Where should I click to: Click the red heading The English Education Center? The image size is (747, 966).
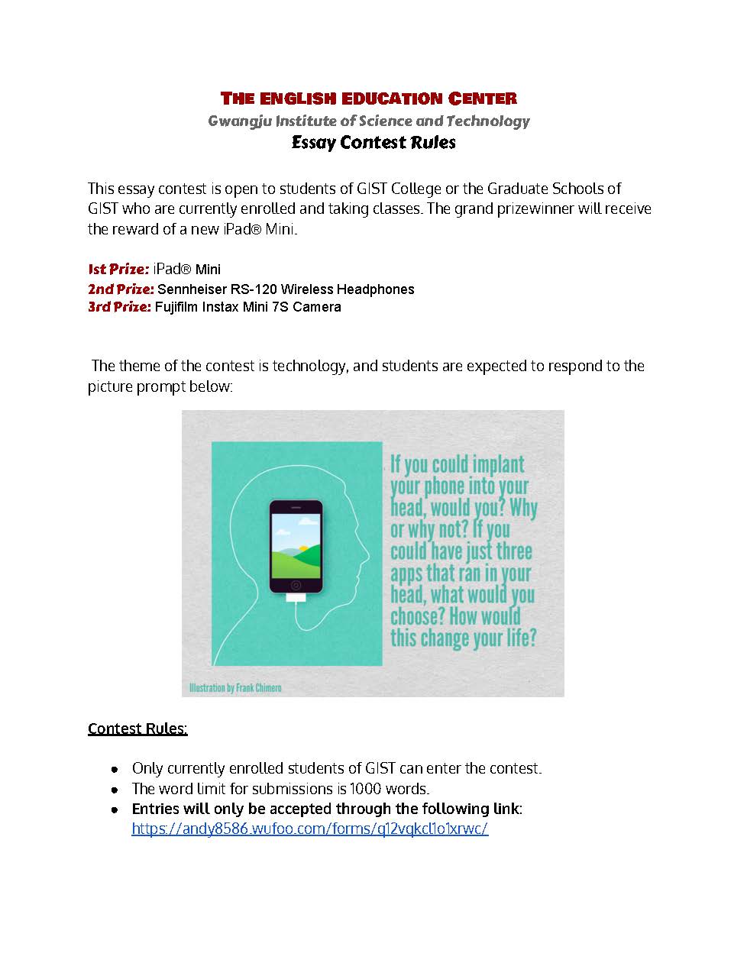coord(369,99)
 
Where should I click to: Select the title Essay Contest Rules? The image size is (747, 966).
coord(373,143)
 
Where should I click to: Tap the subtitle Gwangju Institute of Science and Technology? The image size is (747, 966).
coord(369,121)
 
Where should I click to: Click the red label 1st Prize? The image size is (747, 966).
coord(118,269)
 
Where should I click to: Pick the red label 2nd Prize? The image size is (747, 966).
coord(121,289)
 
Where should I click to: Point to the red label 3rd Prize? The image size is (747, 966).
coord(120,307)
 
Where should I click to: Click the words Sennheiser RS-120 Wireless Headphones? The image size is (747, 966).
coord(286,289)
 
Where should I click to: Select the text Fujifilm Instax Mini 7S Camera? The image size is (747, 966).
coord(248,307)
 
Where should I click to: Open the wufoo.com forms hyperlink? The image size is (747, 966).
coord(309,829)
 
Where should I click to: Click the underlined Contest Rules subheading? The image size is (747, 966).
coord(137,729)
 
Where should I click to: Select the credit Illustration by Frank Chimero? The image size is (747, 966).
coord(235,687)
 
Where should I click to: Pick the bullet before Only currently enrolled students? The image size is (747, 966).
coord(115,768)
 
